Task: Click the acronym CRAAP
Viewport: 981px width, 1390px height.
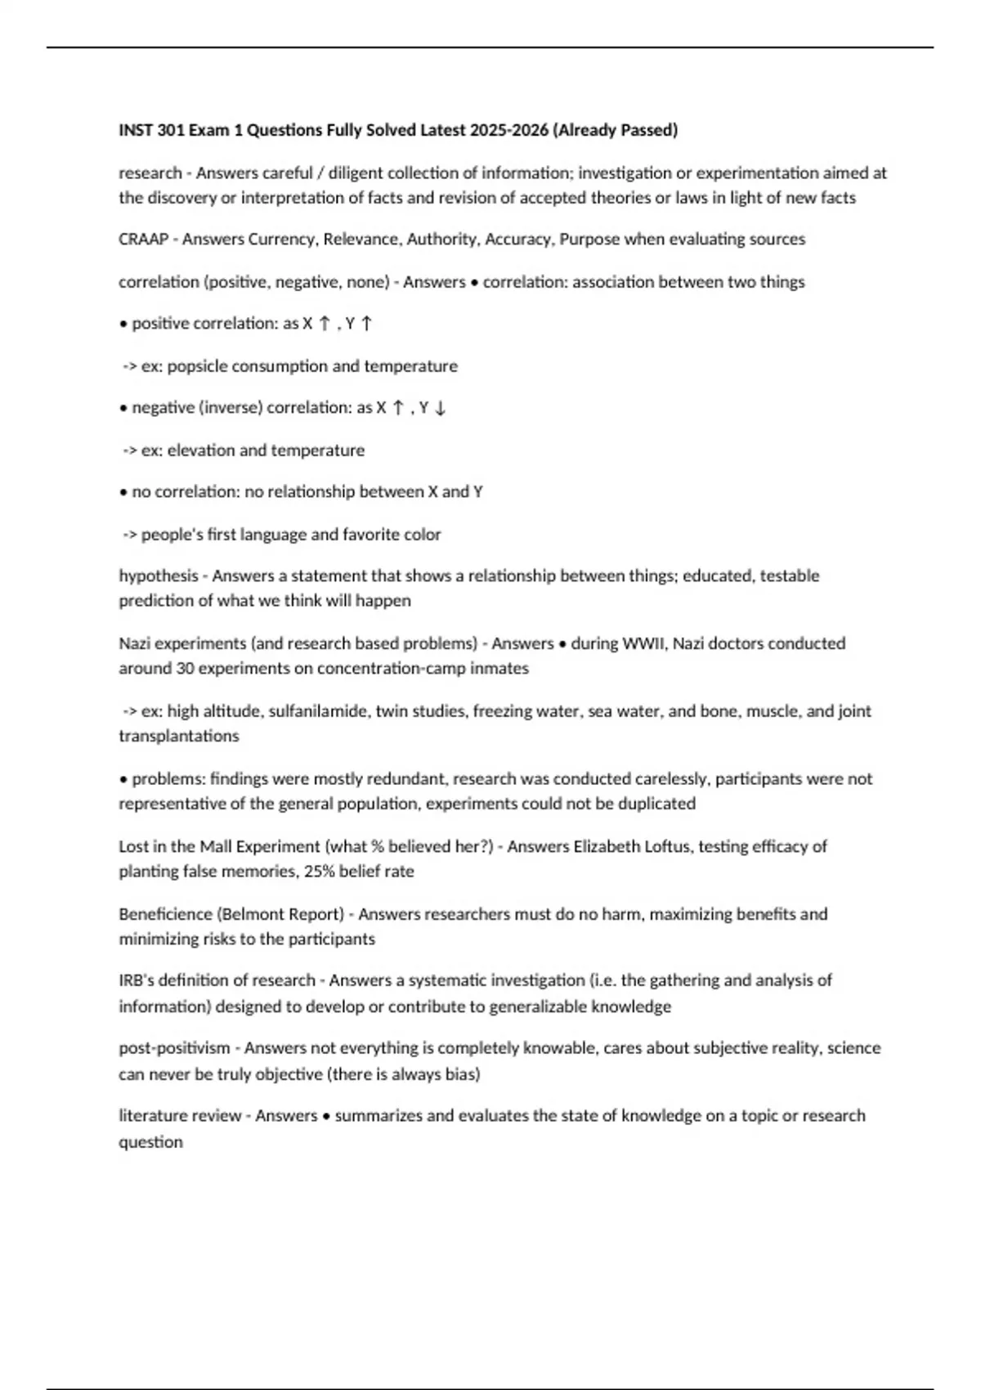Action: pos(143,240)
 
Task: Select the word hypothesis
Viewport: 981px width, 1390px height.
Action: pos(159,576)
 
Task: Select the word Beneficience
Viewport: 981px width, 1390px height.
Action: pos(166,914)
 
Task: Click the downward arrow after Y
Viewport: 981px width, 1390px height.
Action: pos(440,408)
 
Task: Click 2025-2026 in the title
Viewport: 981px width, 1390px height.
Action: pos(508,130)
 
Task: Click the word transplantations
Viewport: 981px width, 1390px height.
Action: pos(179,736)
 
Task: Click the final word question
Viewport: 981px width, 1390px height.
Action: pos(150,1142)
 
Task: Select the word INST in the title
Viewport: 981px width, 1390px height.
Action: pos(136,130)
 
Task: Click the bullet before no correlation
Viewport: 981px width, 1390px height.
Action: pos(123,493)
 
